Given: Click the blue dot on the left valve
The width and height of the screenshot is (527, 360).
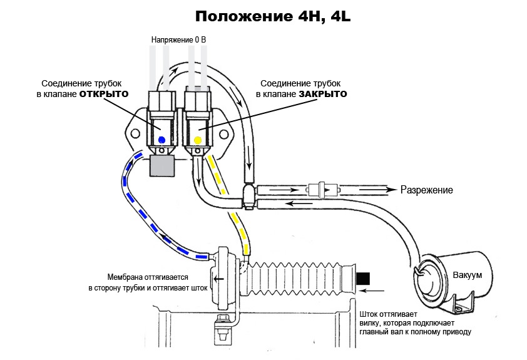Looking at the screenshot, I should pyautogui.click(x=162, y=140).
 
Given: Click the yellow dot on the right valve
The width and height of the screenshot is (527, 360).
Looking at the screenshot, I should pyautogui.click(x=198, y=140).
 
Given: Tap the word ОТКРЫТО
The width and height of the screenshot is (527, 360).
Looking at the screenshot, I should pyautogui.click(x=104, y=94).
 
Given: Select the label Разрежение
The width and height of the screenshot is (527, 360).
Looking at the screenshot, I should pyautogui.click(x=426, y=190).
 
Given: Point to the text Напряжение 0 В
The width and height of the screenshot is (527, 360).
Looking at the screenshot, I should pyautogui.click(x=179, y=40).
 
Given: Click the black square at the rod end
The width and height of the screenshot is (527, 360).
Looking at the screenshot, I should pyautogui.click(x=363, y=277).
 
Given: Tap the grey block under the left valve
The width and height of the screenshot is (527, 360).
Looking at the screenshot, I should pyautogui.click(x=162, y=166).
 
